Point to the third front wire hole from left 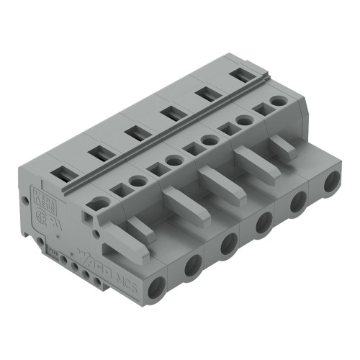pos(229,245)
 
